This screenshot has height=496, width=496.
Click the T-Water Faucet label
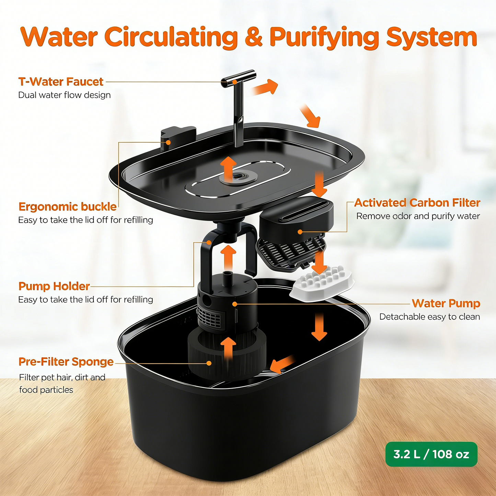tap(61, 82)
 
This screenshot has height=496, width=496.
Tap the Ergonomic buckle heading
tap(68, 207)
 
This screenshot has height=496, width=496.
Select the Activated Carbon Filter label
tap(417, 203)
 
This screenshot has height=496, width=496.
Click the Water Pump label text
tap(446, 303)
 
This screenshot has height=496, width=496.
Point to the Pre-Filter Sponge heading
tap(66, 362)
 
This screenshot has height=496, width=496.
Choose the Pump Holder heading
tap(54, 286)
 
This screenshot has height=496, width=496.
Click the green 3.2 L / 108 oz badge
tap(431, 454)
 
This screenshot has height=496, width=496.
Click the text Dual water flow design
tap(65, 95)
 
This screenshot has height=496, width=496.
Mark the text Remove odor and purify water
tap(418, 216)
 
